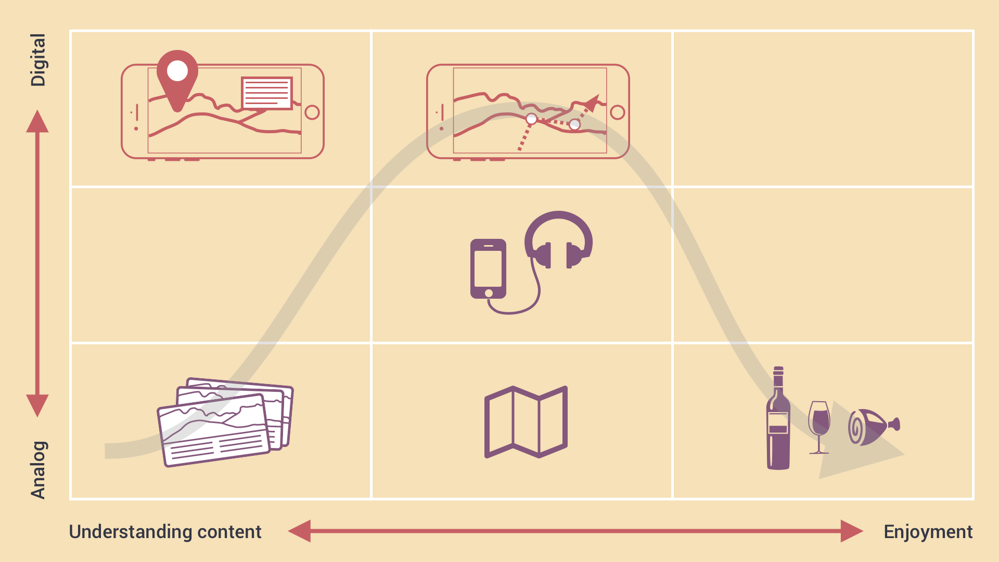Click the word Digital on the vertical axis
(38, 60)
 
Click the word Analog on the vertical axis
(38, 470)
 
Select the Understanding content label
(165, 532)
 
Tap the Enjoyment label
(928, 532)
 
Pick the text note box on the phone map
(267, 93)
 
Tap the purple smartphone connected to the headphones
(488, 269)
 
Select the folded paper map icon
(526, 422)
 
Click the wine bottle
(778, 421)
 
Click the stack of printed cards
(225, 421)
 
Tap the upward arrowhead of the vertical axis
(37, 122)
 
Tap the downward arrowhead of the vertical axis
(37, 405)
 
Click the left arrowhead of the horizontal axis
(300, 531)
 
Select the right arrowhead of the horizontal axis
(851, 531)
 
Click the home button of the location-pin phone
(312, 112)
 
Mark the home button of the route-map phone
(618, 112)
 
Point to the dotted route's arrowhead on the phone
(593, 101)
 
